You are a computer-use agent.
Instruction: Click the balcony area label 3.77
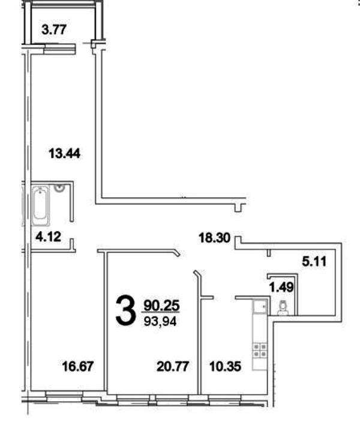[54, 29]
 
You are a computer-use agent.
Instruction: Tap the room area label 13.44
[65, 154]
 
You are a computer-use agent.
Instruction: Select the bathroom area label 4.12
[49, 237]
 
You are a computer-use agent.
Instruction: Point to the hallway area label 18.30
[214, 238]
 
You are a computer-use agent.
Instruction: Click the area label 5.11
[314, 261]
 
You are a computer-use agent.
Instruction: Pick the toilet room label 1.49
[281, 287]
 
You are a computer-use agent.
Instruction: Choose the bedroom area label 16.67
[78, 366]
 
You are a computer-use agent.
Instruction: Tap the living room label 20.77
[173, 366]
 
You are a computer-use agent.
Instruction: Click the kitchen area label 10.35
[225, 366]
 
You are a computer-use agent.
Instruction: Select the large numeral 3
[125, 310]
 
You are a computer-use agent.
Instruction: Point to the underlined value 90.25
[161, 306]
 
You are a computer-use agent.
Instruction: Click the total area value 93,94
[160, 321]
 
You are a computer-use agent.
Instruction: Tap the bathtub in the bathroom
[41, 205]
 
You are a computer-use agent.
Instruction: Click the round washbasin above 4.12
[59, 187]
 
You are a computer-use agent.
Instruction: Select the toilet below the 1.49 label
[283, 308]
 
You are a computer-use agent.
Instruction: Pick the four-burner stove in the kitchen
[260, 350]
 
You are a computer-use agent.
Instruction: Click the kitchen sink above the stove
[260, 307]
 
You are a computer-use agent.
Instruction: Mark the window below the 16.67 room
[64, 394]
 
